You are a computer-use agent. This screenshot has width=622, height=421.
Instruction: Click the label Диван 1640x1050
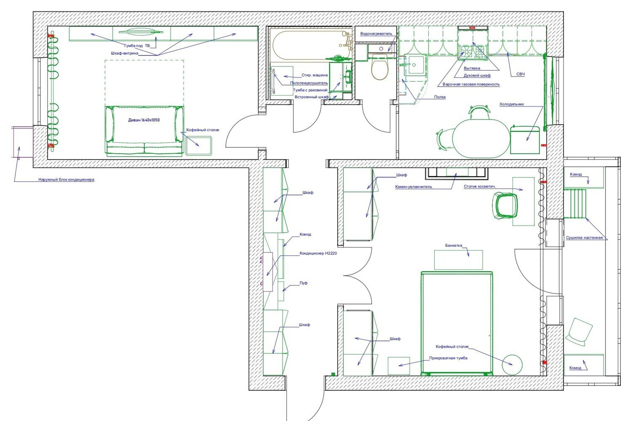tap(144, 120)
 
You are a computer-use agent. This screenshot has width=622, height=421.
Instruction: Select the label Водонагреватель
tap(376, 34)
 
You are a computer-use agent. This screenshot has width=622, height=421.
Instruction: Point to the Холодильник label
tap(512, 104)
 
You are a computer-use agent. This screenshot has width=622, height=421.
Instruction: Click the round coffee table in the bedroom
tap(512, 365)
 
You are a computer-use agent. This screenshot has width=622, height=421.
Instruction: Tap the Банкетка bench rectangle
tap(459, 260)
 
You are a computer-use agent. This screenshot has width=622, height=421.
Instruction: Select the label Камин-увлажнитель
tap(414, 187)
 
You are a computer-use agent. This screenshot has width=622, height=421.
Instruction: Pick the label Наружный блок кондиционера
tap(67, 179)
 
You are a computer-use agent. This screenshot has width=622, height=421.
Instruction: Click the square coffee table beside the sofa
tap(198, 146)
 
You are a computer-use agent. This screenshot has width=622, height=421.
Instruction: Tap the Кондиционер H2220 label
tap(318, 253)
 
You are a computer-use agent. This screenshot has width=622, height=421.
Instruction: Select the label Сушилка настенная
tap(584, 238)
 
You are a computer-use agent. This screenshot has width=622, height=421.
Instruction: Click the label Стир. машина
tap(315, 75)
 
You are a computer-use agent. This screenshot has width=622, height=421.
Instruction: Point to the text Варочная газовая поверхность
tap(471, 84)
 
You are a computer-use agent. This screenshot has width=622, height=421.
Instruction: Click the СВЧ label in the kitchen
tap(521, 74)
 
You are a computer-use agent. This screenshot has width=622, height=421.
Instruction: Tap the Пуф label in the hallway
tap(304, 283)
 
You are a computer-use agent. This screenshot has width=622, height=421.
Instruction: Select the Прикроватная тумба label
tap(448, 358)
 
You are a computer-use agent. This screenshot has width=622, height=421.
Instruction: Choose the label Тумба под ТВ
tap(136, 46)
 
